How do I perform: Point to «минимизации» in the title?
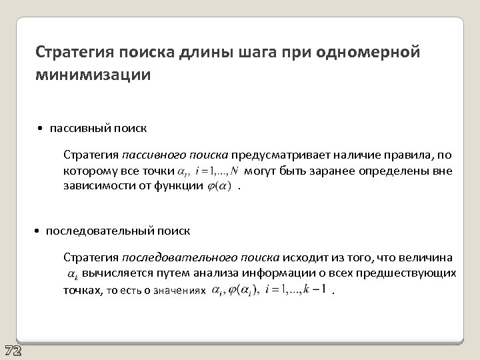[93, 74]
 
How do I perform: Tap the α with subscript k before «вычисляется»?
[72, 273]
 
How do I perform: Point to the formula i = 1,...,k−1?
[295, 290]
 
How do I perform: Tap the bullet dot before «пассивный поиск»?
[41, 128]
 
